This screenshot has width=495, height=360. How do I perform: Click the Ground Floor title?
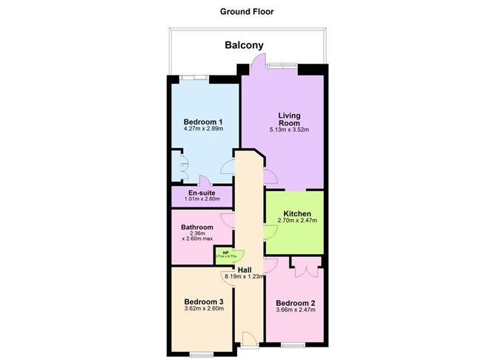click(x=247, y=11)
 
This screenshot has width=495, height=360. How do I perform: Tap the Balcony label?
click(x=245, y=46)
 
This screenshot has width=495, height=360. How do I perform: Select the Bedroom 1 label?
click(x=204, y=121)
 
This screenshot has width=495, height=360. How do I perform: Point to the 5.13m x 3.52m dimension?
click(x=289, y=130)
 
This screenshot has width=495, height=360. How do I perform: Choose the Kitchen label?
click(x=297, y=213)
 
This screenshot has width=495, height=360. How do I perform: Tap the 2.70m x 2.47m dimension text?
click(x=296, y=221)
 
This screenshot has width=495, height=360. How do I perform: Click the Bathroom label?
click(x=197, y=227)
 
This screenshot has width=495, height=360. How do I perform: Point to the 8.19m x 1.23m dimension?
click(x=245, y=277)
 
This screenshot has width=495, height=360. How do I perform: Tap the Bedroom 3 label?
click(x=204, y=301)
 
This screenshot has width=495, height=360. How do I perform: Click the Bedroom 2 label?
click(x=296, y=303)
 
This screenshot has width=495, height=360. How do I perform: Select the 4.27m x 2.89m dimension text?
click(x=204, y=130)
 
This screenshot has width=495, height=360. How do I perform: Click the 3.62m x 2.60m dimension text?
click(x=204, y=310)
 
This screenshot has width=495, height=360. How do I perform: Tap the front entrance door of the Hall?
click(x=250, y=341)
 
